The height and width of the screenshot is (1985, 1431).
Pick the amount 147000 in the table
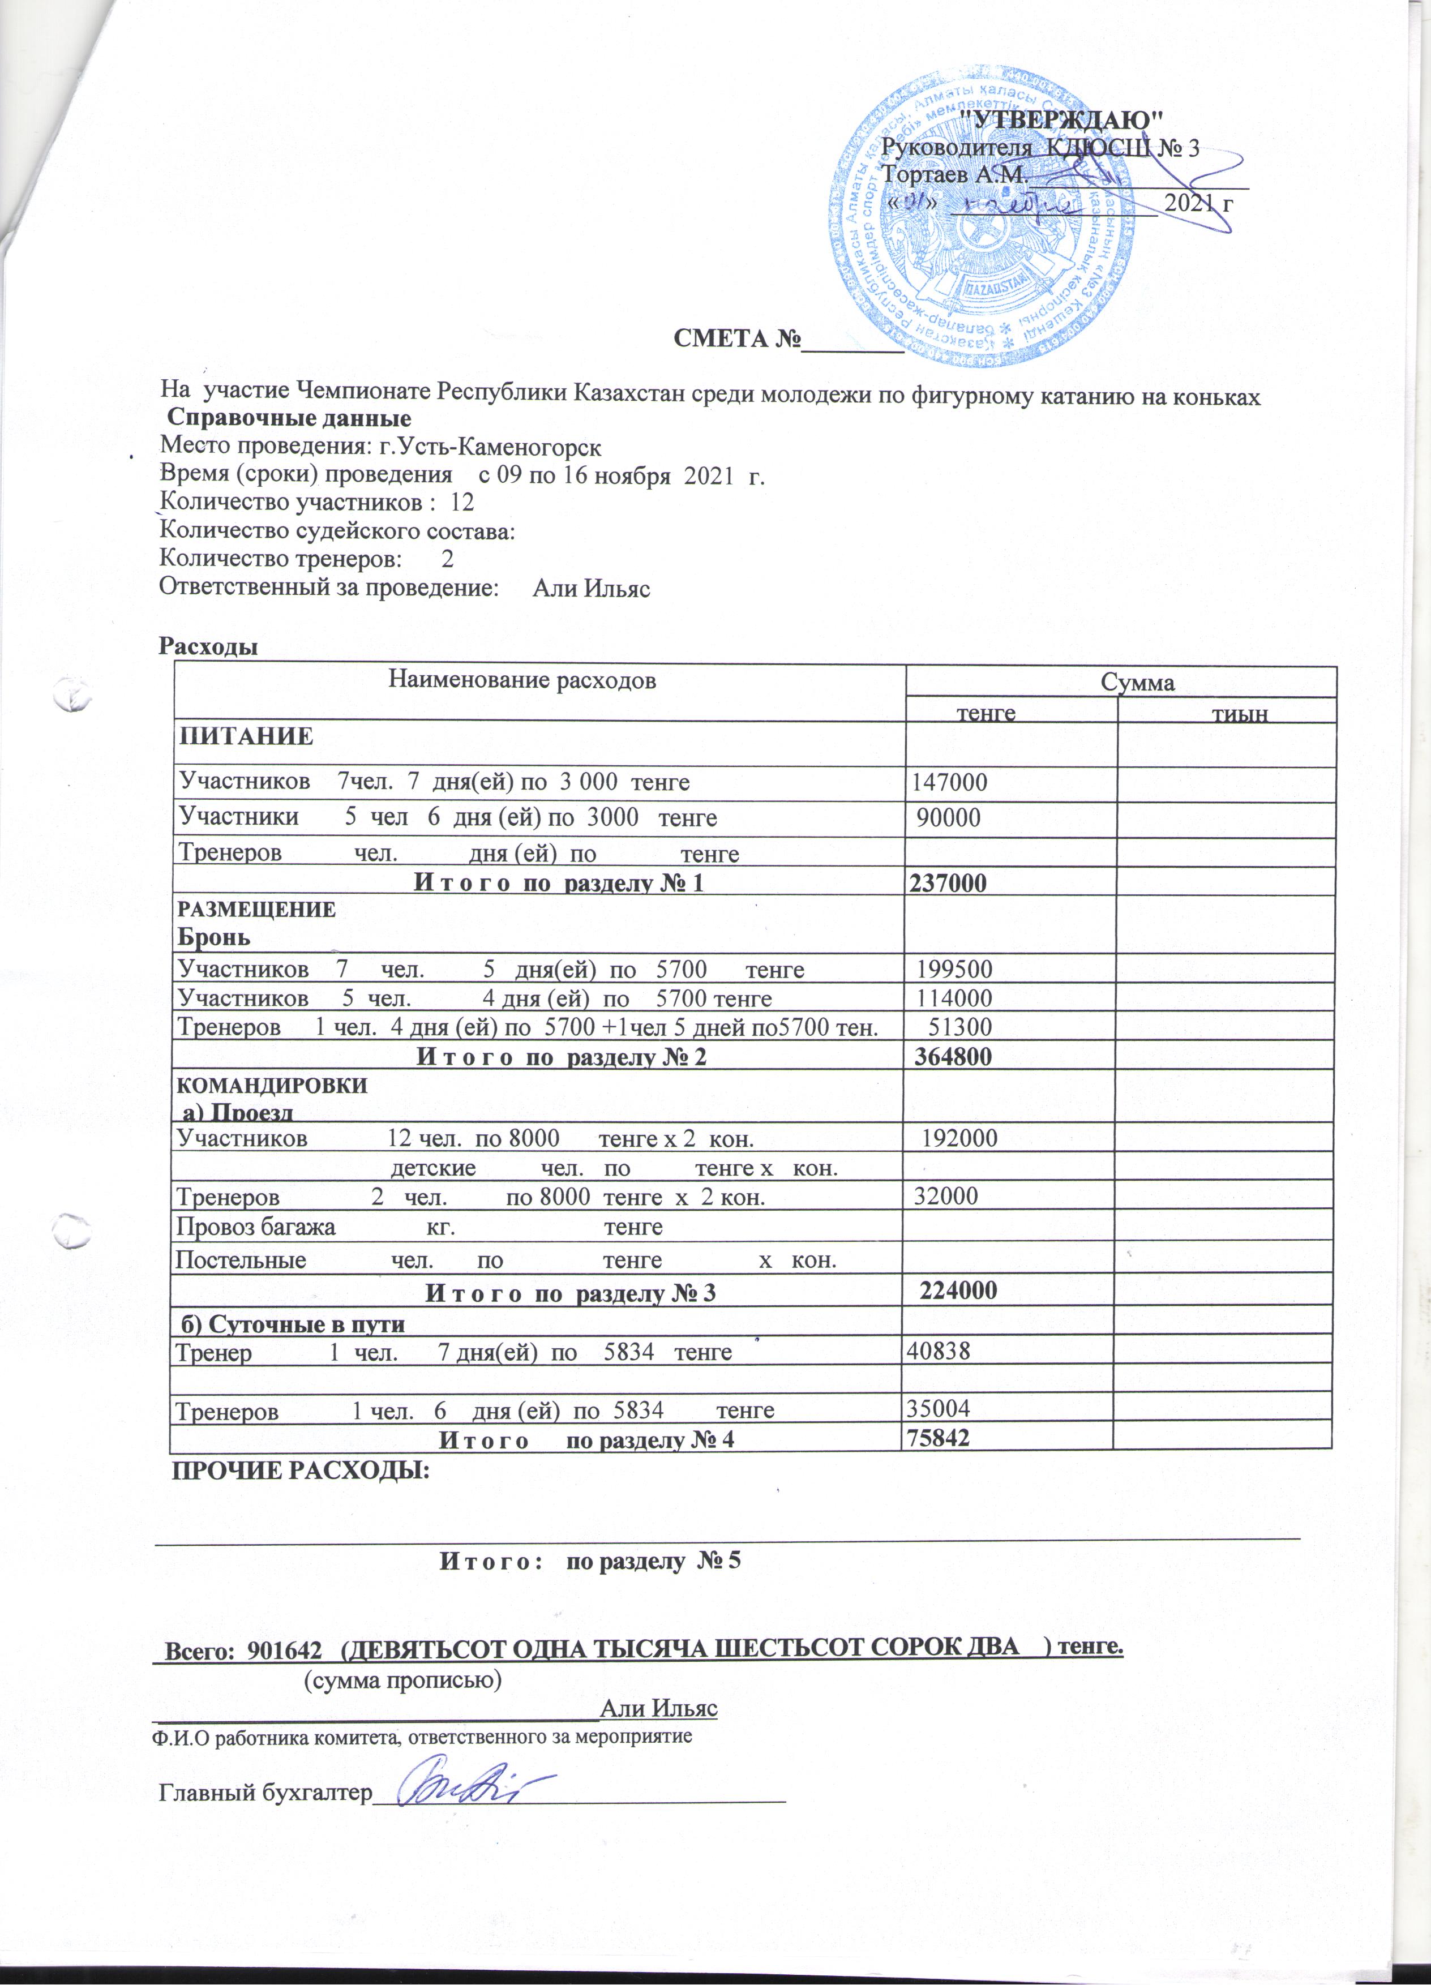click(950, 782)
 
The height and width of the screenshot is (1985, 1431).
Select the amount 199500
click(954, 970)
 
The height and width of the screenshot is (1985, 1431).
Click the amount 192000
click(960, 1139)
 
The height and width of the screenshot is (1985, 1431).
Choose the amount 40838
click(939, 1351)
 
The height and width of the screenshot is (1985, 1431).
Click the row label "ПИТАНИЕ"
click(246, 736)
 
